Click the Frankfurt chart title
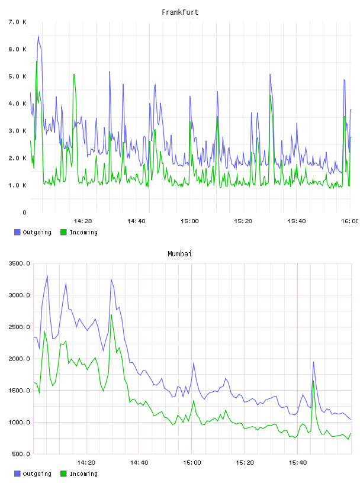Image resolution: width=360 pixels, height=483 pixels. [x=180, y=12]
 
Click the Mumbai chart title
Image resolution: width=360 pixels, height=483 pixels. [x=179, y=254]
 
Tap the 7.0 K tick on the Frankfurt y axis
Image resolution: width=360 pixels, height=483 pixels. [x=17, y=22]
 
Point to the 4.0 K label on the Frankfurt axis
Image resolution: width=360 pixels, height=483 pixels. [x=17, y=104]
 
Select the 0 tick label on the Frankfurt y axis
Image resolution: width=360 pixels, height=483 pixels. [x=24, y=212]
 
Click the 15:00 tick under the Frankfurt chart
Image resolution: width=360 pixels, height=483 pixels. [x=189, y=221]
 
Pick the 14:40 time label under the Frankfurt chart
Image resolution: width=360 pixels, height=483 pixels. [x=136, y=221]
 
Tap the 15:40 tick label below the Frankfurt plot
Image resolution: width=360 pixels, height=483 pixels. [x=297, y=221]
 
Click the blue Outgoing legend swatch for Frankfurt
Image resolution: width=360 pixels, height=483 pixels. [x=17, y=232]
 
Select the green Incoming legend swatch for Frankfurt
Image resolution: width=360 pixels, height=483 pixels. [x=63, y=232]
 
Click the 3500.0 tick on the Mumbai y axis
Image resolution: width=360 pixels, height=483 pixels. [x=19, y=263]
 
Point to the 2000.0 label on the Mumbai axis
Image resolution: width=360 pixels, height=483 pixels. [x=19, y=359]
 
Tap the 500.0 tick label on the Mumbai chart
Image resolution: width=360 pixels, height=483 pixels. [x=21, y=454]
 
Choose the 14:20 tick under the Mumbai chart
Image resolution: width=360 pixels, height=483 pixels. [x=86, y=462]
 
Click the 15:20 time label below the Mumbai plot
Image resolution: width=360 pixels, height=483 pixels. [x=245, y=462]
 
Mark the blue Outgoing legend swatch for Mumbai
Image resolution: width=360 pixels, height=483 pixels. [x=17, y=474]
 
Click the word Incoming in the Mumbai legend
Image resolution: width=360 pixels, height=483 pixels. [x=83, y=474]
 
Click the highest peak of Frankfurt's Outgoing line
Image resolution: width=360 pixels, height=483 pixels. [x=38, y=36]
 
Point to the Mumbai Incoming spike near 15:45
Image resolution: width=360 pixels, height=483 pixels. [x=313, y=381]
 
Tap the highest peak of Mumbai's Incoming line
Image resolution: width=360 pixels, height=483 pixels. [x=111, y=314]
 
